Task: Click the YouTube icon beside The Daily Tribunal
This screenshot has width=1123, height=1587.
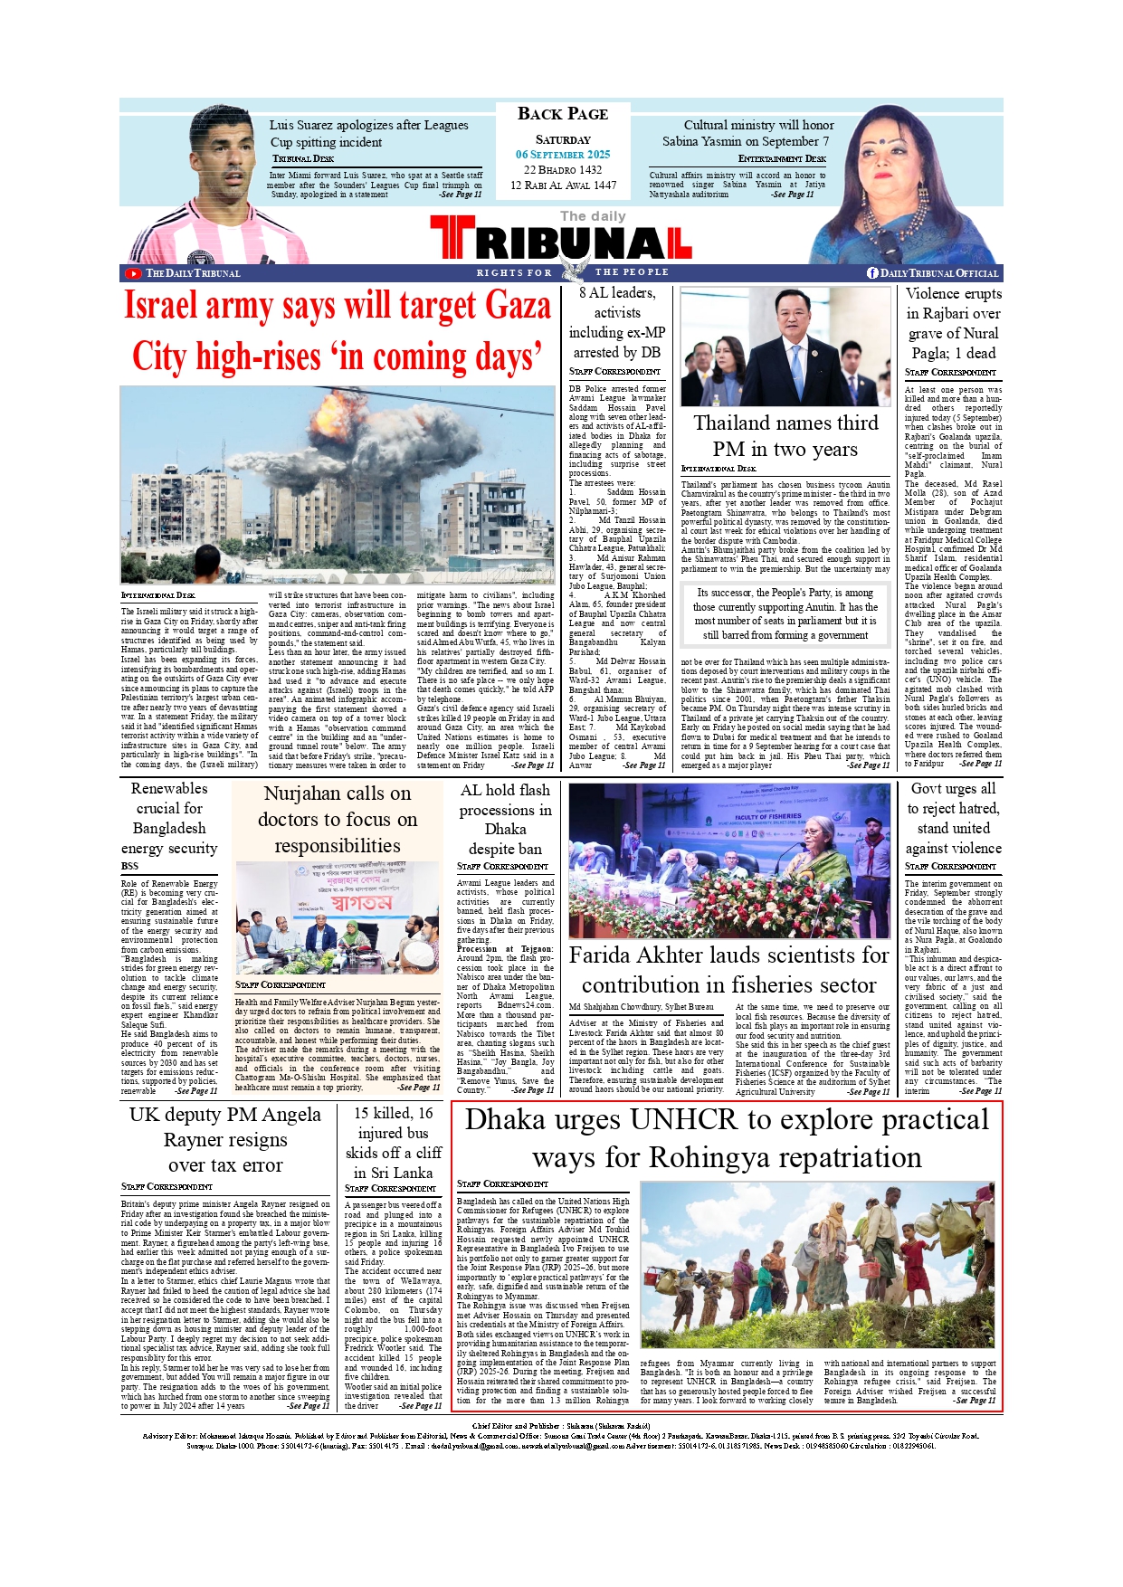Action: [x=133, y=273]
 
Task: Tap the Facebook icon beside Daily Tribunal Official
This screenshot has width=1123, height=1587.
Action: [x=872, y=273]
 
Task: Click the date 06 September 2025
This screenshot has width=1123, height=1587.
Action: [x=563, y=155]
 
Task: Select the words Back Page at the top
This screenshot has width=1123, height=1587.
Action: [x=563, y=114]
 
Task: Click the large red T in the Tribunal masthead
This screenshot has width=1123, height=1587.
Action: [x=452, y=237]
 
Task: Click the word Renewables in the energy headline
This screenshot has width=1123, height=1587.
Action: [x=169, y=789]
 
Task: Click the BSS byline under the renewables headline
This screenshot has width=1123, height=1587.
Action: [x=129, y=866]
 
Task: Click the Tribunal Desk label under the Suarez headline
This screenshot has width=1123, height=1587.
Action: [x=303, y=158]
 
